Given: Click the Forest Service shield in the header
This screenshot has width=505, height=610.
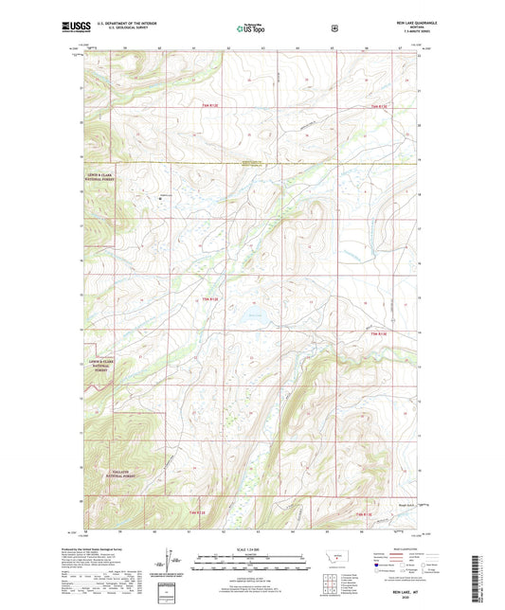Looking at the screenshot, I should point(334,28).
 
